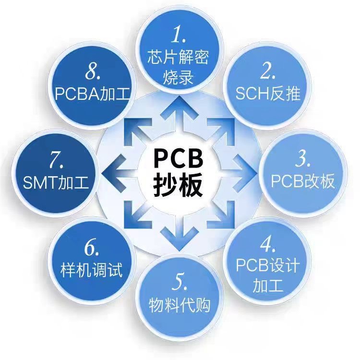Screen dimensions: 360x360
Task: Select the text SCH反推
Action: pyautogui.click(x=268, y=93)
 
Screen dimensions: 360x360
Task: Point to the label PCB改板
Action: pyautogui.click(x=302, y=181)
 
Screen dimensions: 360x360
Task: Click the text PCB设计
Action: pyautogui.click(x=268, y=265)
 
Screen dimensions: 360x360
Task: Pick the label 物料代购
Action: pyautogui.click(x=180, y=305)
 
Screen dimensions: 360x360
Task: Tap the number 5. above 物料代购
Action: pyautogui.click(x=180, y=283)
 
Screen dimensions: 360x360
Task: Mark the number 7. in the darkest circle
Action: pyautogui.click(x=56, y=160)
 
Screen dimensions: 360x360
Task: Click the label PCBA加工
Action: pyautogui.click(x=92, y=93)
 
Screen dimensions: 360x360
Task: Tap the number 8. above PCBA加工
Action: pyautogui.click(x=93, y=72)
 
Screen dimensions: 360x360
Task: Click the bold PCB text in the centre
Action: pyautogui.click(x=180, y=158)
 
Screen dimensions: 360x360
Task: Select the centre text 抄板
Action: pyautogui.click(x=180, y=185)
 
